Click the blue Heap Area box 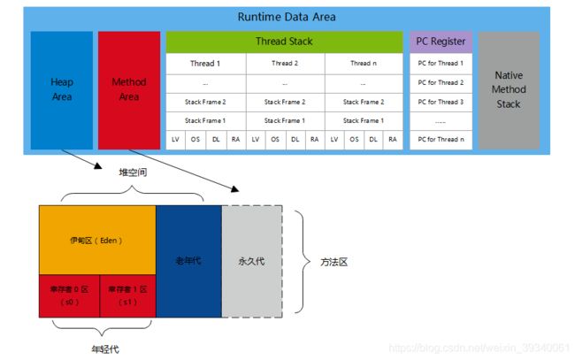tap(61, 89)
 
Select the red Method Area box tap(129, 89)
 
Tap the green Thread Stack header tap(284, 42)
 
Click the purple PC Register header tap(441, 42)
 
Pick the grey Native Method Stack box tap(509, 89)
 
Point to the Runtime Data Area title tap(287, 17)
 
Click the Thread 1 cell tap(205, 64)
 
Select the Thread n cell tap(363, 64)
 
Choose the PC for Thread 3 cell tap(441, 102)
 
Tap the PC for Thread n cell tap(441, 140)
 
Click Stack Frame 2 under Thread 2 tap(284, 102)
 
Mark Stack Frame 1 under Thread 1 tap(205, 120)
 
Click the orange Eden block tap(97, 239)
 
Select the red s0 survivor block tap(68, 295)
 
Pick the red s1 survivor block tap(126, 295)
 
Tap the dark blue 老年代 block tap(188, 261)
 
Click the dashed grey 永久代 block tap(251, 261)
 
